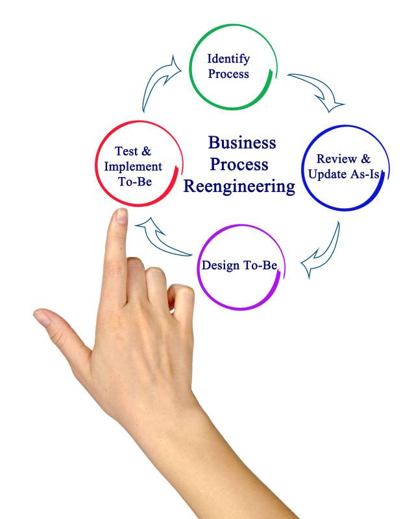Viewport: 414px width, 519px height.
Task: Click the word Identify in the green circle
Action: [228, 59]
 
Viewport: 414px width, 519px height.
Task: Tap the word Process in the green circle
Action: [228, 74]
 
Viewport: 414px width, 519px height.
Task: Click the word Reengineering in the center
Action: [239, 187]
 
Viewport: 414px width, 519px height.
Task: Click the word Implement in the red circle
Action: [133, 166]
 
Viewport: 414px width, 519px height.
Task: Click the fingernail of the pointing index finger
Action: [121, 217]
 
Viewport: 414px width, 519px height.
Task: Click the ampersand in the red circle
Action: [147, 151]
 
